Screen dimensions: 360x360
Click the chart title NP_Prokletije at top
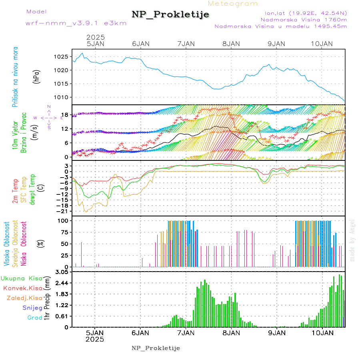(x=170, y=14)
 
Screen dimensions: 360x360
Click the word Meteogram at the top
(x=233, y=4)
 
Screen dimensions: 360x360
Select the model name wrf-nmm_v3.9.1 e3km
(x=76, y=23)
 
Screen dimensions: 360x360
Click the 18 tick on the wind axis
(x=63, y=115)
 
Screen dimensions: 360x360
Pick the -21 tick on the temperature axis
(x=62, y=211)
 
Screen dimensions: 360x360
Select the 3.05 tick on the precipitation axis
(x=62, y=272)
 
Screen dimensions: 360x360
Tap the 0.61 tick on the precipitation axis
(x=62, y=316)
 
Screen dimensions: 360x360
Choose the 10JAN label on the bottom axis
(x=322, y=332)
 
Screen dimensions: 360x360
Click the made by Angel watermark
(x=352, y=240)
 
